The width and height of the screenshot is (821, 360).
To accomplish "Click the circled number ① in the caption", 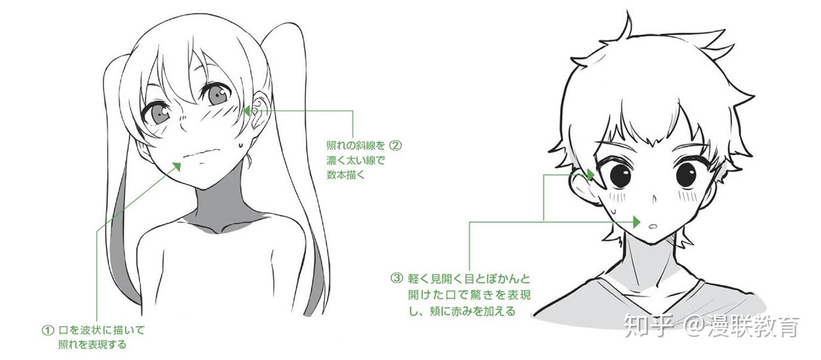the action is (48, 331).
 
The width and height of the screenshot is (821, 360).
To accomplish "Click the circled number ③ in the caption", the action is (396, 278).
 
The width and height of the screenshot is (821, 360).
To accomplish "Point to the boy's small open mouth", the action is (652, 226).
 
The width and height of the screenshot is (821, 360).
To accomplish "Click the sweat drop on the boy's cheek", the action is (614, 208).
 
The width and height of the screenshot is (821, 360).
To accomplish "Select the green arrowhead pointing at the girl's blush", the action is (247, 111).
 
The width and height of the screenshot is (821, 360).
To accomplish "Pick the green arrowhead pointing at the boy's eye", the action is (591, 175).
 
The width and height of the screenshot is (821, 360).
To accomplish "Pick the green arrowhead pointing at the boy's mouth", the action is (637, 222).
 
